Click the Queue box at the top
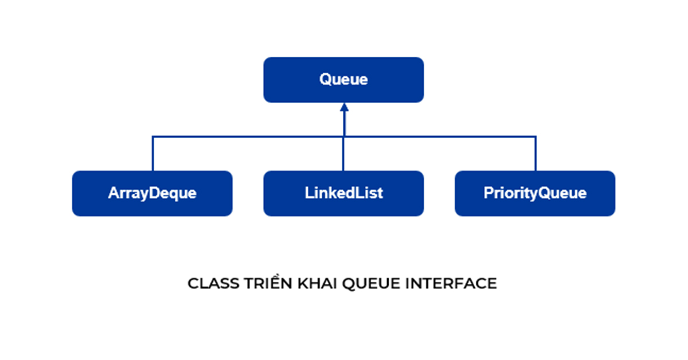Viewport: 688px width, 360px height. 343,80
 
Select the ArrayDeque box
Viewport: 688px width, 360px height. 152,193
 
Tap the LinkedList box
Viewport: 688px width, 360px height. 343,193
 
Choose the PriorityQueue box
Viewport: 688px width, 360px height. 535,193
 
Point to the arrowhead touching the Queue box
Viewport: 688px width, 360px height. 343,107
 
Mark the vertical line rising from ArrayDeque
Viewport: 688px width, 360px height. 153,154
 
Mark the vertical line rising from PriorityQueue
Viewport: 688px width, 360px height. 535,154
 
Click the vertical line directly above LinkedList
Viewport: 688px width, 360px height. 343,154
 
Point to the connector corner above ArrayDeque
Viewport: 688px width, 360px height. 153,136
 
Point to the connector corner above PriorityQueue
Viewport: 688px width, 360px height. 535,136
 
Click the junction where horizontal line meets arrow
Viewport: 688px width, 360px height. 343,136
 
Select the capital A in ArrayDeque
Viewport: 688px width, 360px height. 113,193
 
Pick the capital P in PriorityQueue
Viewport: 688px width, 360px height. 488,193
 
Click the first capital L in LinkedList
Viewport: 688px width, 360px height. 308,193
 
